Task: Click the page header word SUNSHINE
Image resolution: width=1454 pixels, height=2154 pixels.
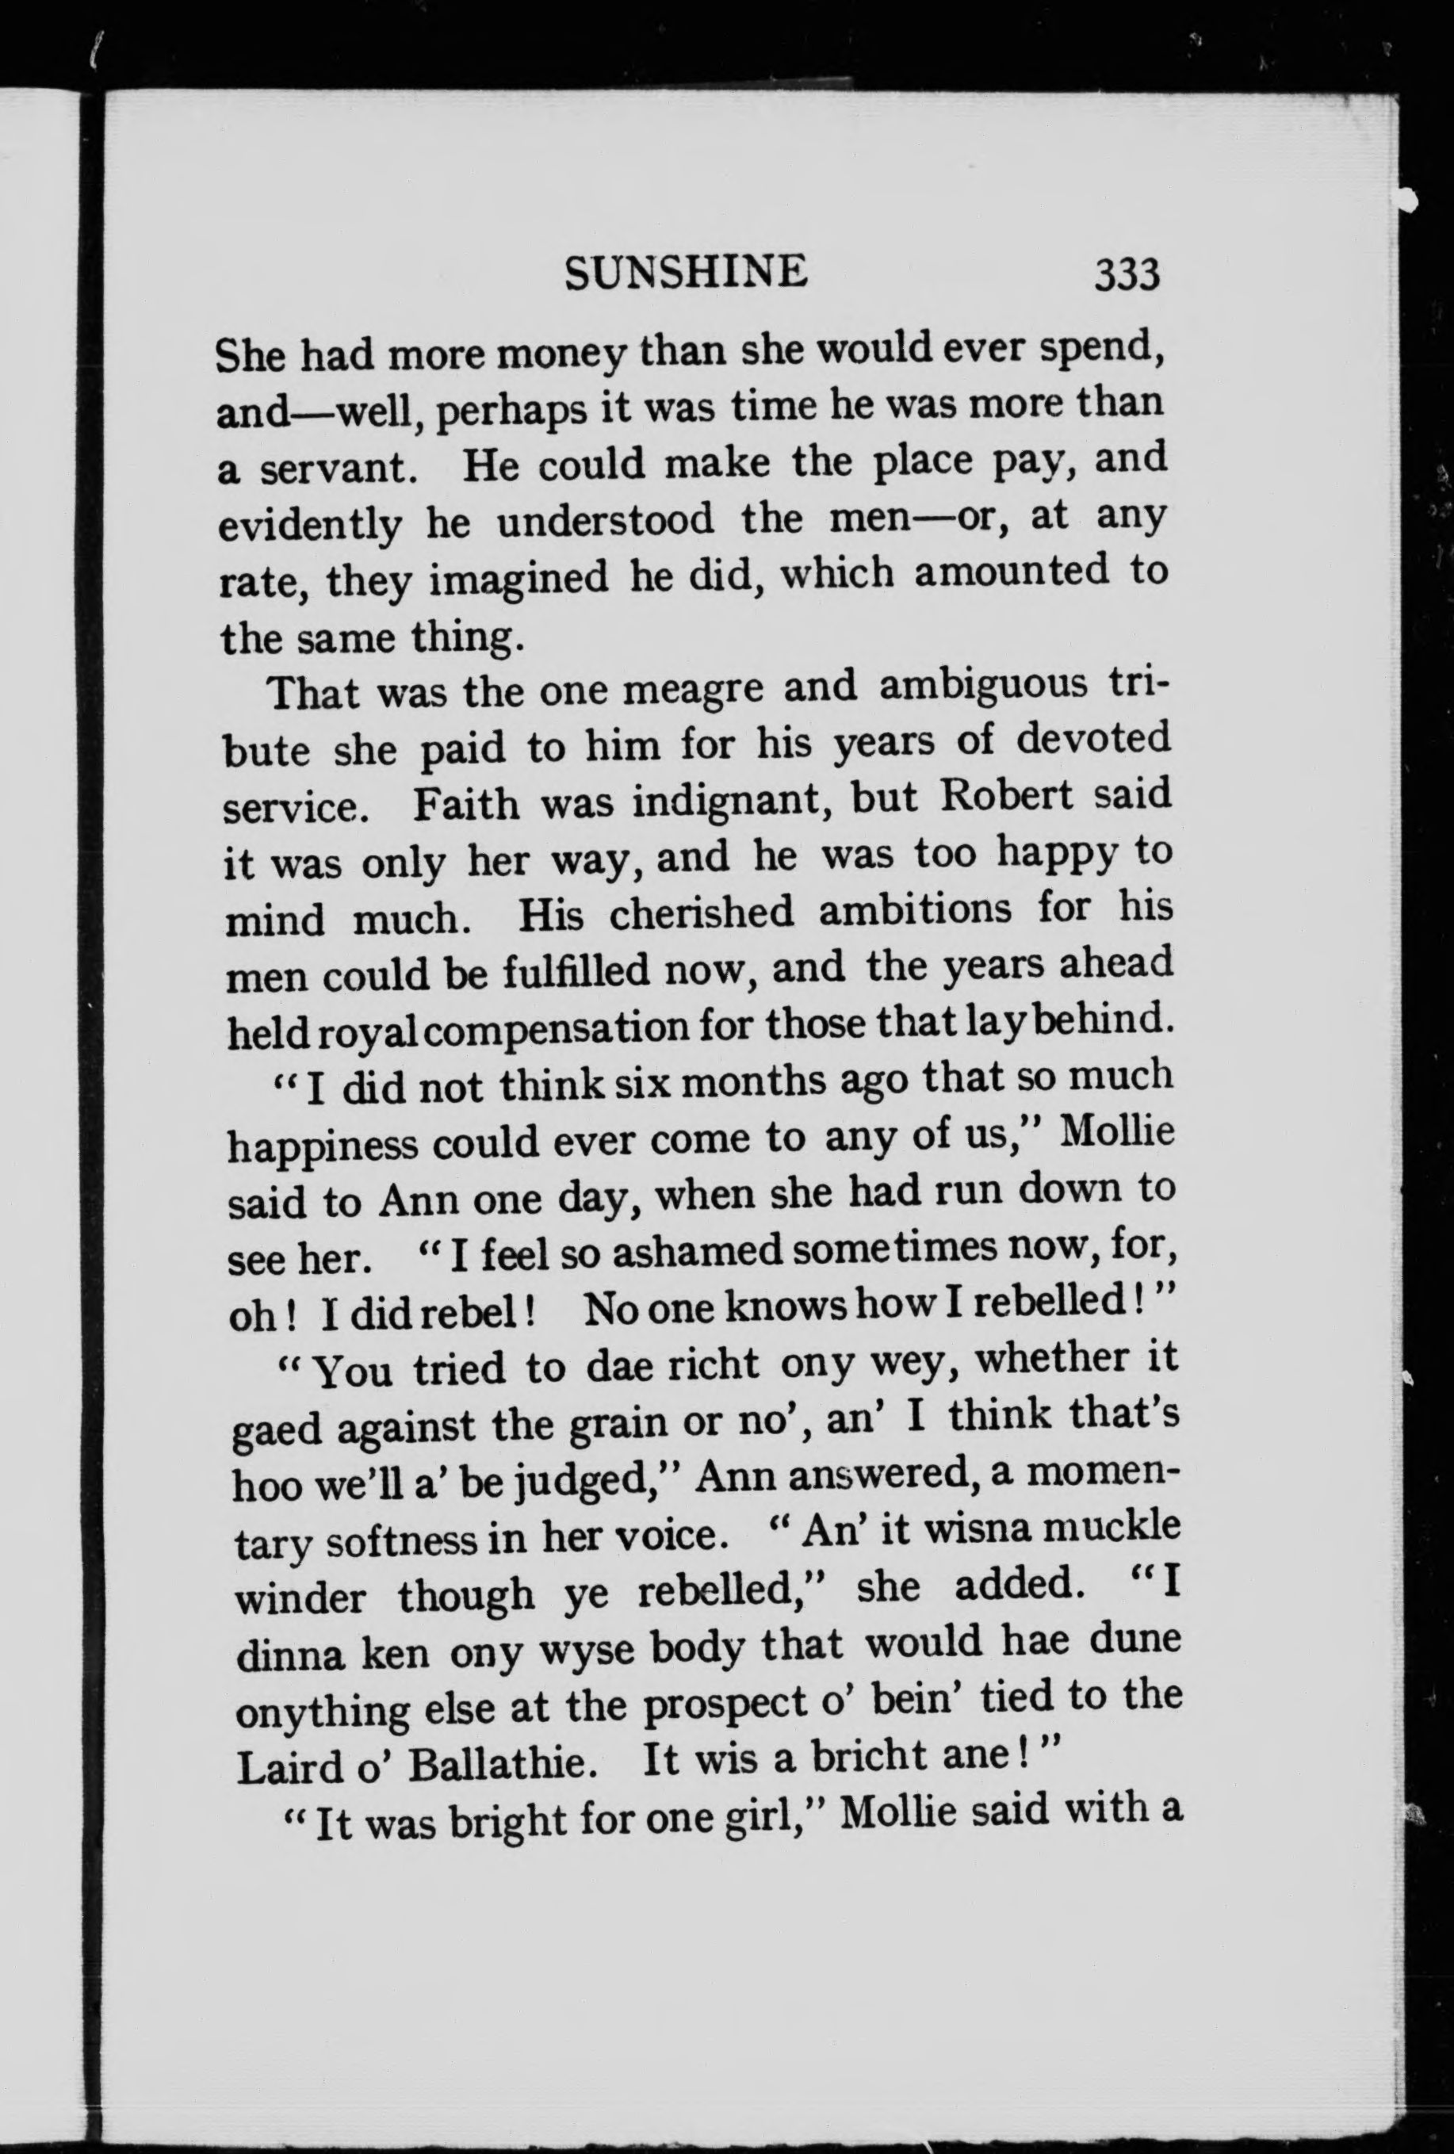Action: [686, 273]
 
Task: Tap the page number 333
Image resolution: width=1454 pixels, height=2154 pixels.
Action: [1127, 275]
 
